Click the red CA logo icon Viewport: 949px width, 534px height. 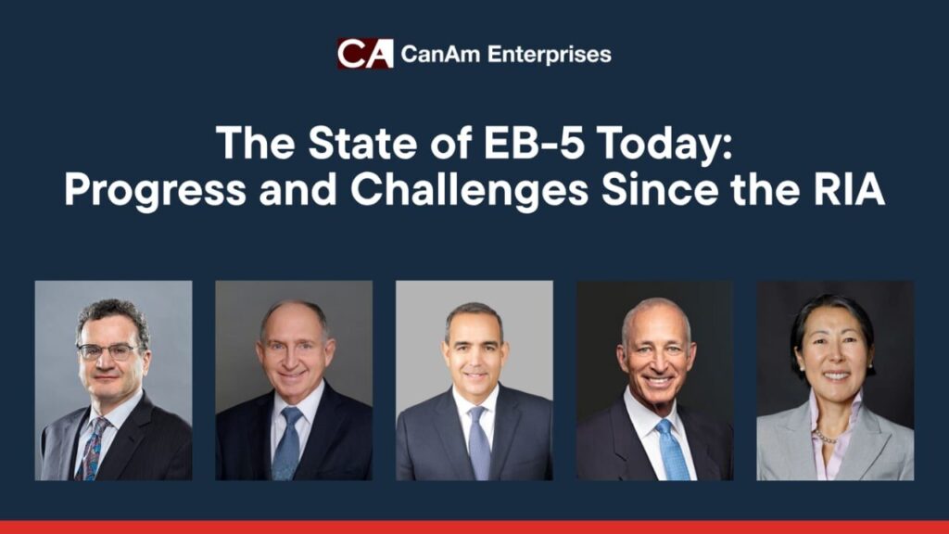[x=364, y=54]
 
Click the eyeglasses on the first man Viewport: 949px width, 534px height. [x=109, y=350]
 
